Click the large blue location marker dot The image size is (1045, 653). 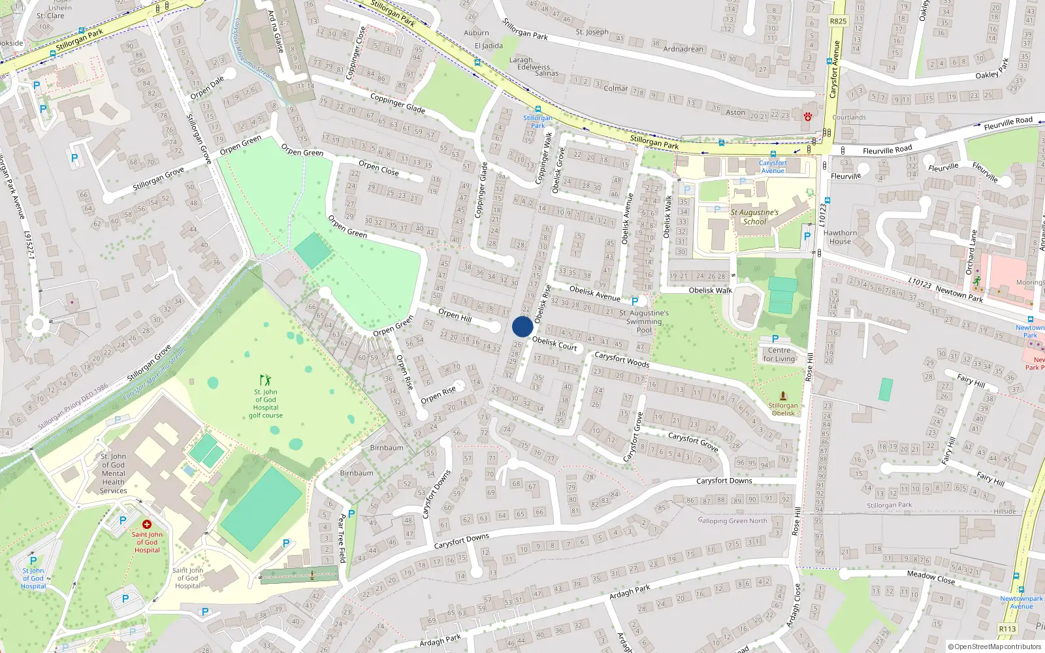click(522, 326)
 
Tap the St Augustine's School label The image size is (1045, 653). click(754, 217)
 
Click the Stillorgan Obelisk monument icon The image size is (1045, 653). click(783, 396)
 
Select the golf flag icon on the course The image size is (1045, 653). click(265, 379)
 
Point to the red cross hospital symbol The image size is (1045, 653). click(147, 524)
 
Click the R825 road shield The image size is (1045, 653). click(838, 21)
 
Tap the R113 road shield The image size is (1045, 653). click(1007, 629)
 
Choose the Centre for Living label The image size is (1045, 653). click(779, 355)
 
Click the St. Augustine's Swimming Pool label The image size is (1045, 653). click(644, 321)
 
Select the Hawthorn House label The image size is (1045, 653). click(840, 237)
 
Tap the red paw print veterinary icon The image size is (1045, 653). click(808, 117)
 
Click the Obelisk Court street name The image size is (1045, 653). click(555, 343)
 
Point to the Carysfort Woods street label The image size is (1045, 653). click(622, 360)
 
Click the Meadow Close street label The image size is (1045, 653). click(931, 577)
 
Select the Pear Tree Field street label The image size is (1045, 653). click(341, 538)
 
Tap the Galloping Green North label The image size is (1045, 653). click(732, 520)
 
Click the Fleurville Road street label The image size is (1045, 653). click(887, 150)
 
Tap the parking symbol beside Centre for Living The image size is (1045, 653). click(775, 339)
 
